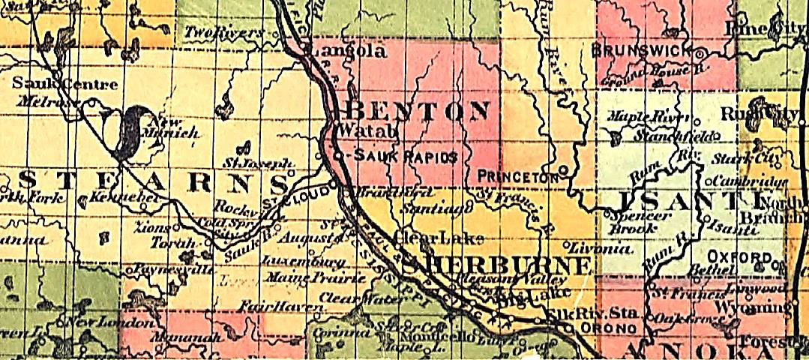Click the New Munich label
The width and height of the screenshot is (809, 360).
pyautogui.click(x=174, y=127)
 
